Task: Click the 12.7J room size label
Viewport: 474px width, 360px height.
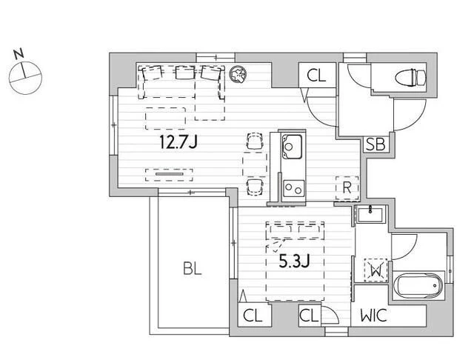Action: [178, 141]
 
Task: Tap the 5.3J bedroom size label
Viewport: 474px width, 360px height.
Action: [294, 261]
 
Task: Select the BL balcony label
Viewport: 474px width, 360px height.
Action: [193, 268]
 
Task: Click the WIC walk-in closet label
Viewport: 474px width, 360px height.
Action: [373, 316]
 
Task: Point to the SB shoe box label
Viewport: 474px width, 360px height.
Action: [375, 144]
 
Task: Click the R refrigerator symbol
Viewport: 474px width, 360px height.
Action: [347, 188]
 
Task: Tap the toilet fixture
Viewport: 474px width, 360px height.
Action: [410, 77]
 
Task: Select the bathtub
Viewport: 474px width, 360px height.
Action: [418, 285]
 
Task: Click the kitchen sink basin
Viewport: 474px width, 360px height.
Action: [292, 147]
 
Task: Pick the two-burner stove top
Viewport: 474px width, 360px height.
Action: [293, 189]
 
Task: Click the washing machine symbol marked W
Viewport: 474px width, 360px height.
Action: [375, 270]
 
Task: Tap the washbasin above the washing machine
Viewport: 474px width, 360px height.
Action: [370, 214]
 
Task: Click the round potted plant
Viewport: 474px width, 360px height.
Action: [238, 74]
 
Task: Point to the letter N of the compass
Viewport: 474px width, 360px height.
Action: [19, 54]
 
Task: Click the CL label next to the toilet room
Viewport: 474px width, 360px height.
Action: [316, 76]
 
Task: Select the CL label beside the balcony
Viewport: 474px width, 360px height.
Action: [253, 316]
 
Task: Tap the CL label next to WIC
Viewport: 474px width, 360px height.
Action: [309, 316]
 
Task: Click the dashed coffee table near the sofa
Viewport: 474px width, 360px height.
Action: [165, 119]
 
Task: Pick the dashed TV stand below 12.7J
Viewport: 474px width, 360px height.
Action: [169, 175]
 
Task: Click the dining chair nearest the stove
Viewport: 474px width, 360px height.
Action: [255, 187]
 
